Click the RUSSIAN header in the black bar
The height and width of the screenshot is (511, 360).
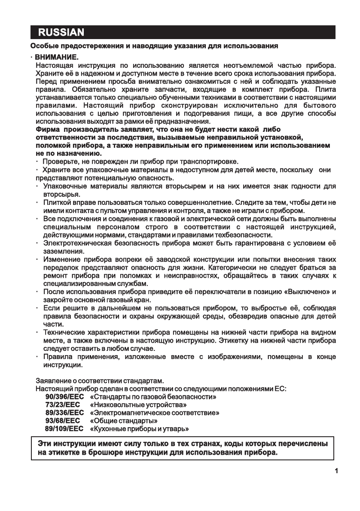(x=61, y=33)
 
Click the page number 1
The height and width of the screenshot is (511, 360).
(x=336, y=471)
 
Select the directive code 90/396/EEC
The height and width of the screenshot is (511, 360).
(x=64, y=397)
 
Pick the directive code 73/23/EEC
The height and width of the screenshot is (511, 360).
(x=63, y=405)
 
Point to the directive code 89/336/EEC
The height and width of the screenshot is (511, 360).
(x=64, y=413)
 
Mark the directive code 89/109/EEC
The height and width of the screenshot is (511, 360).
(x=64, y=429)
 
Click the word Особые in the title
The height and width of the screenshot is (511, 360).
(x=43, y=45)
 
